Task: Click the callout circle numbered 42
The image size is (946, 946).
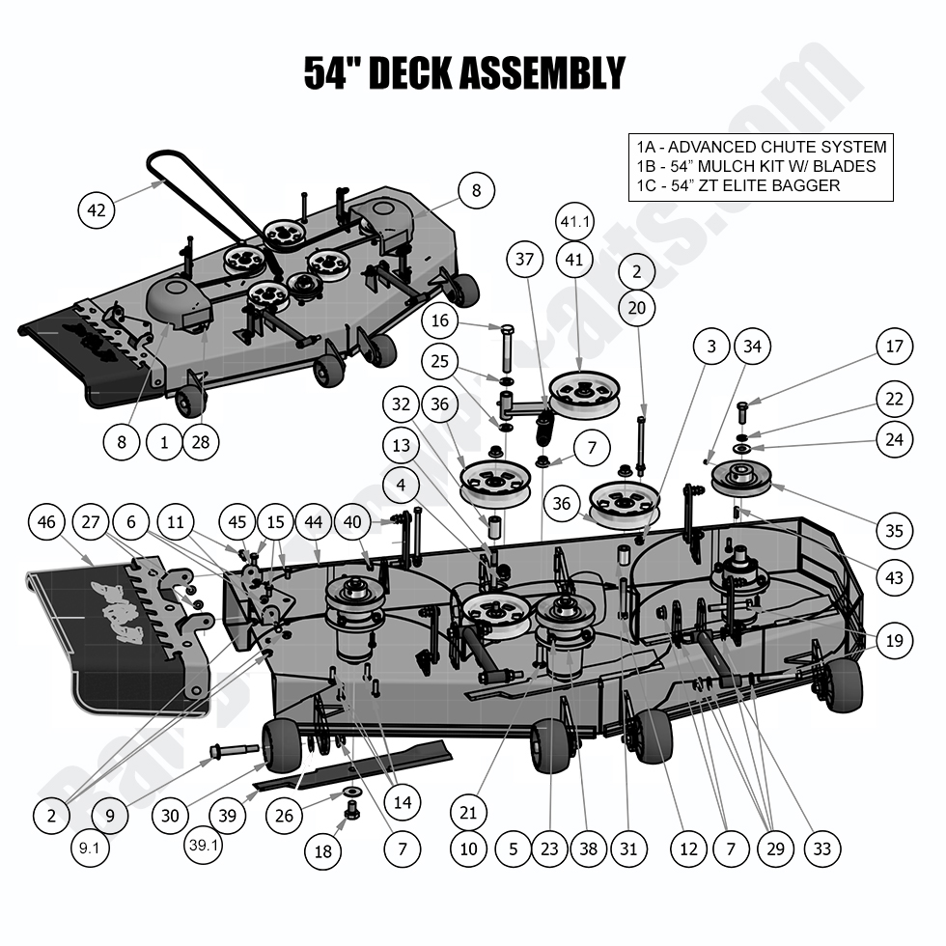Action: click(97, 209)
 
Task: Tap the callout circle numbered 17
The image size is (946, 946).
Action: click(895, 347)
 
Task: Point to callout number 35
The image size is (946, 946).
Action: click(895, 530)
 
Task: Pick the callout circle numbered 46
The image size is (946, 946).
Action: click(46, 522)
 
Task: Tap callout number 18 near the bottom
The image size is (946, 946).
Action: click(322, 849)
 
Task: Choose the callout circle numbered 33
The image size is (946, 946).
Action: click(821, 849)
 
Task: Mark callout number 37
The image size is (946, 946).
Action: click(524, 260)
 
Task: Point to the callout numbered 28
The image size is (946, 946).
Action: click(202, 443)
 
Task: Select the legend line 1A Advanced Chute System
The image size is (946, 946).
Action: click(761, 148)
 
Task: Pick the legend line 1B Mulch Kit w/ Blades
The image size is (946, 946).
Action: click(756, 166)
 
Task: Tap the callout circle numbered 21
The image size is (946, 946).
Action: click(468, 813)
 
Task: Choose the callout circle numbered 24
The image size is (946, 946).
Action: click(895, 439)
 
